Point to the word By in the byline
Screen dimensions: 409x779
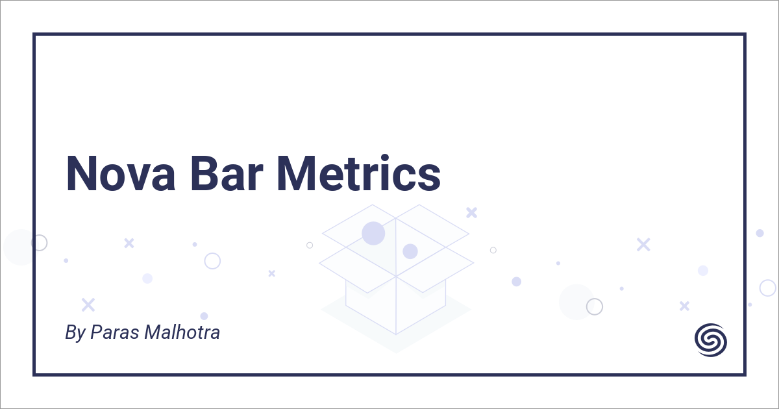[75, 333]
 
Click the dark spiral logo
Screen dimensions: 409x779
[711, 340]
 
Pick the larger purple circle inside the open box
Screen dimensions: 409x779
[373, 233]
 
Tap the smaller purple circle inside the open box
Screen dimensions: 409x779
[410, 251]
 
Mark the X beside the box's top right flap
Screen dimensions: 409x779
[472, 212]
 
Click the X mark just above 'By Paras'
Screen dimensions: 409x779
[88, 304]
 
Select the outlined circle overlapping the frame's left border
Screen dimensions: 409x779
[39, 243]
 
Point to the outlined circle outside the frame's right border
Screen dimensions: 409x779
[768, 288]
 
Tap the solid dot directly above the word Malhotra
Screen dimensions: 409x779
[204, 316]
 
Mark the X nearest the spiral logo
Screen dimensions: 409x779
[684, 305]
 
